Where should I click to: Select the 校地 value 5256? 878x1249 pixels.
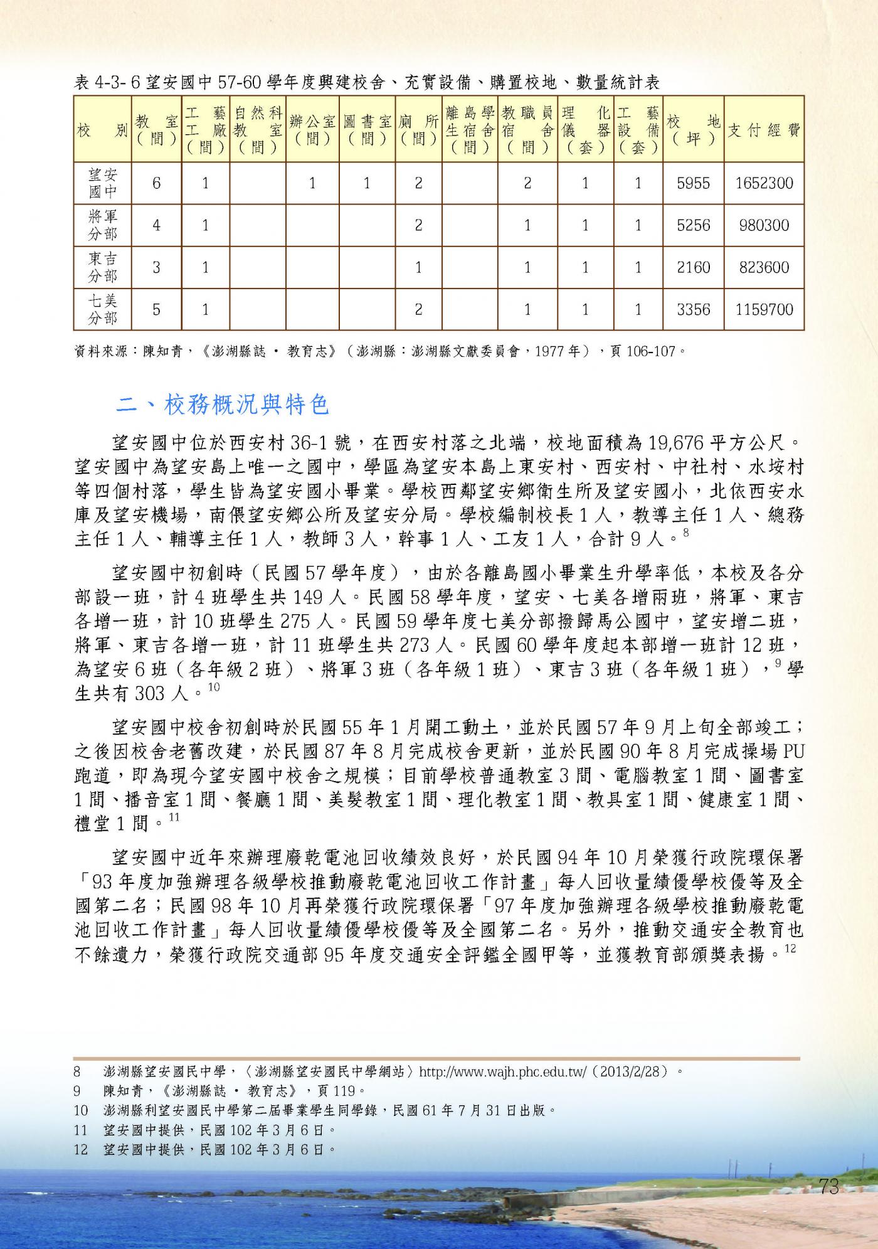pyautogui.click(x=693, y=225)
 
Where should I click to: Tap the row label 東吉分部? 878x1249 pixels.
pyautogui.click(x=102, y=267)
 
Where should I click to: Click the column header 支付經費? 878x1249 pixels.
pyautogui.click(x=764, y=130)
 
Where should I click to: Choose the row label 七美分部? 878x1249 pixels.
pyautogui.click(x=102, y=309)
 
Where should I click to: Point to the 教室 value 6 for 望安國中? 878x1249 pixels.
pyautogui.click(x=156, y=183)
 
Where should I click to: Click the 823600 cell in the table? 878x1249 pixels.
pyautogui.click(x=764, y=267)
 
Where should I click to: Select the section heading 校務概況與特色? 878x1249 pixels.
pyautogui.click(x=246, y=405)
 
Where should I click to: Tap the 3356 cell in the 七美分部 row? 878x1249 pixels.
pyautogui.click(x=693, y=309)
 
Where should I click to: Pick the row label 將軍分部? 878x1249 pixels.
pyautogui.click(x=102, y=225)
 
